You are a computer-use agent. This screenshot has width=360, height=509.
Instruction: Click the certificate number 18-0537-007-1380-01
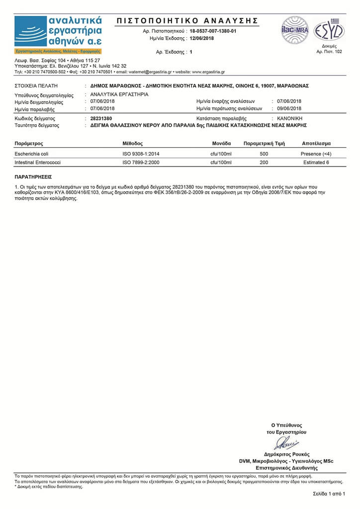pos(213,31)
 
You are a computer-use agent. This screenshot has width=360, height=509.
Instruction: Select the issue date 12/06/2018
pos(202,38)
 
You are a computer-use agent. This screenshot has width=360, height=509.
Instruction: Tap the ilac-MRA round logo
pos(295,30)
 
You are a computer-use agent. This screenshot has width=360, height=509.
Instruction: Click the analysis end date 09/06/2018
pos(289,108)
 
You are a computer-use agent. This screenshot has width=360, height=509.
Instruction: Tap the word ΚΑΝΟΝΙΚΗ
pos(289,118)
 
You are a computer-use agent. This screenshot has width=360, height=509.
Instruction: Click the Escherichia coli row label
pos(32,154)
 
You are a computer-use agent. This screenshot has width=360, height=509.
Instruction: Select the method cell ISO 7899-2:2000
pos(141,162)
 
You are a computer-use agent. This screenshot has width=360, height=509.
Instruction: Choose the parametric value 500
pos(264,154)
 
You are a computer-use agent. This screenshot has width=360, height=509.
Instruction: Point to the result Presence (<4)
pos(316,154)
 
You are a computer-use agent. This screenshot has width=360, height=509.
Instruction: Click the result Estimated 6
pos(316,162)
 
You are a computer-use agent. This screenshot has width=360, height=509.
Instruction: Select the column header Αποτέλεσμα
pos(316,143)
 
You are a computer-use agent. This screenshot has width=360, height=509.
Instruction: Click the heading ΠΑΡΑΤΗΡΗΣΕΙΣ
pos(33,176)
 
